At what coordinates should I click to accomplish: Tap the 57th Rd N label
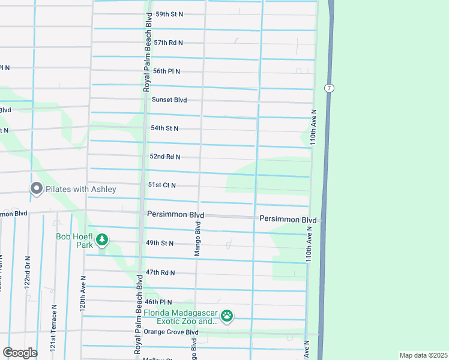point(168,43)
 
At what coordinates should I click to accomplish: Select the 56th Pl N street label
point(166,71)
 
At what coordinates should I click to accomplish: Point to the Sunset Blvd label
point(169,100)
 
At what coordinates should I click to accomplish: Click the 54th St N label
point(165,128)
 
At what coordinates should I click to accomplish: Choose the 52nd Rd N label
point(165,157)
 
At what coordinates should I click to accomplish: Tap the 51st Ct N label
point(162,185)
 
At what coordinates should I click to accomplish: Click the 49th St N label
point(159,243)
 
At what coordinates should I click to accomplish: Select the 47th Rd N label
point(160,272)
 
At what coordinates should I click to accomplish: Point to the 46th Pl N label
point(158,302)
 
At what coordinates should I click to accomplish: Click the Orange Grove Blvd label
point(170,332)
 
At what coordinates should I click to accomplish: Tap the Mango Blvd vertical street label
point(197,239)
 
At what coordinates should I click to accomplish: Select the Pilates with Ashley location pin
point(36,189)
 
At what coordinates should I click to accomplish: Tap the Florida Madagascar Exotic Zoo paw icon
point(227,316)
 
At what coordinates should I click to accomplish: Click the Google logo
point(20,353)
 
